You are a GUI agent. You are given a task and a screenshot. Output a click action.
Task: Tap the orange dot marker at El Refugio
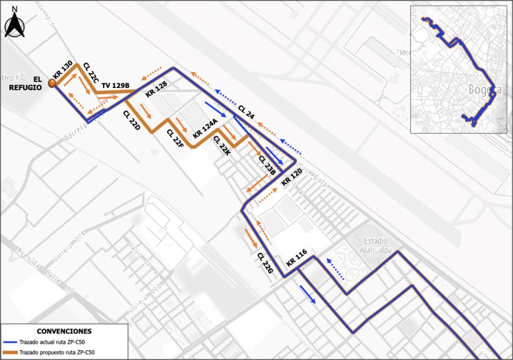tap(52, 84)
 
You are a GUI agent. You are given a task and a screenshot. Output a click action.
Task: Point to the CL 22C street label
tap(91, 73)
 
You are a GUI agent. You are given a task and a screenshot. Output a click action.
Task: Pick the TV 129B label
tap(115, 86)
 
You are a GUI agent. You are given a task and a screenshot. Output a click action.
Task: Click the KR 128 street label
tap(156, 89)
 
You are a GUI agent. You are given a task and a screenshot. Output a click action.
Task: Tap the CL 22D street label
tap(131, 119)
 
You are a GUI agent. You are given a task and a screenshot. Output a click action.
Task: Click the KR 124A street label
tap(204, 130)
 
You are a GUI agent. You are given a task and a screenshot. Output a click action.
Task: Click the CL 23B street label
tap(267, 165)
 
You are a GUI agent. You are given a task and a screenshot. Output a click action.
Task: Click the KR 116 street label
tap(297, 259)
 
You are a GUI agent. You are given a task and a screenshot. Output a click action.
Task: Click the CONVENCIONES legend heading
tap(64, 332)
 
